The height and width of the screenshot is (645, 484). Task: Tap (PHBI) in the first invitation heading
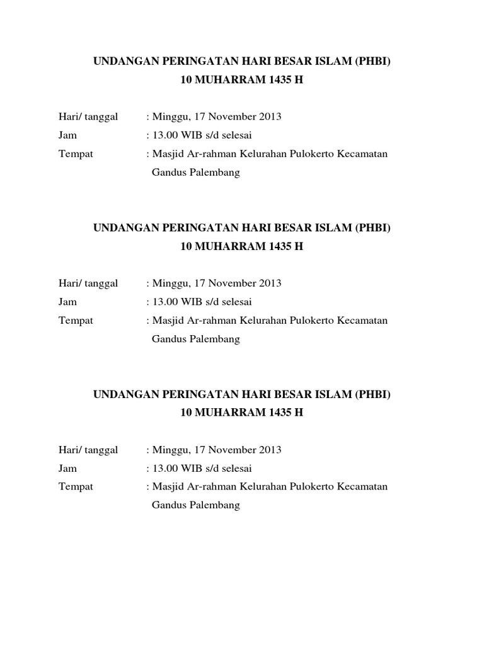pyautogui.click(x=374, y=61)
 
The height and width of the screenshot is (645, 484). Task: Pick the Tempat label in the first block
pyautogui.click(x=76, y=154)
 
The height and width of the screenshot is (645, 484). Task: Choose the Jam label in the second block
pyautogui.click(x=67, y=302)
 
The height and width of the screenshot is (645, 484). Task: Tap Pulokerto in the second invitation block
pyautogui.click(x=311, y=321)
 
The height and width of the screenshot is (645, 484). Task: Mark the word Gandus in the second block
pyautogui.click(x=167, y=340)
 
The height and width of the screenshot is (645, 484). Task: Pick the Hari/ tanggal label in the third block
pyautogui.click(x=88, y=450)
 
